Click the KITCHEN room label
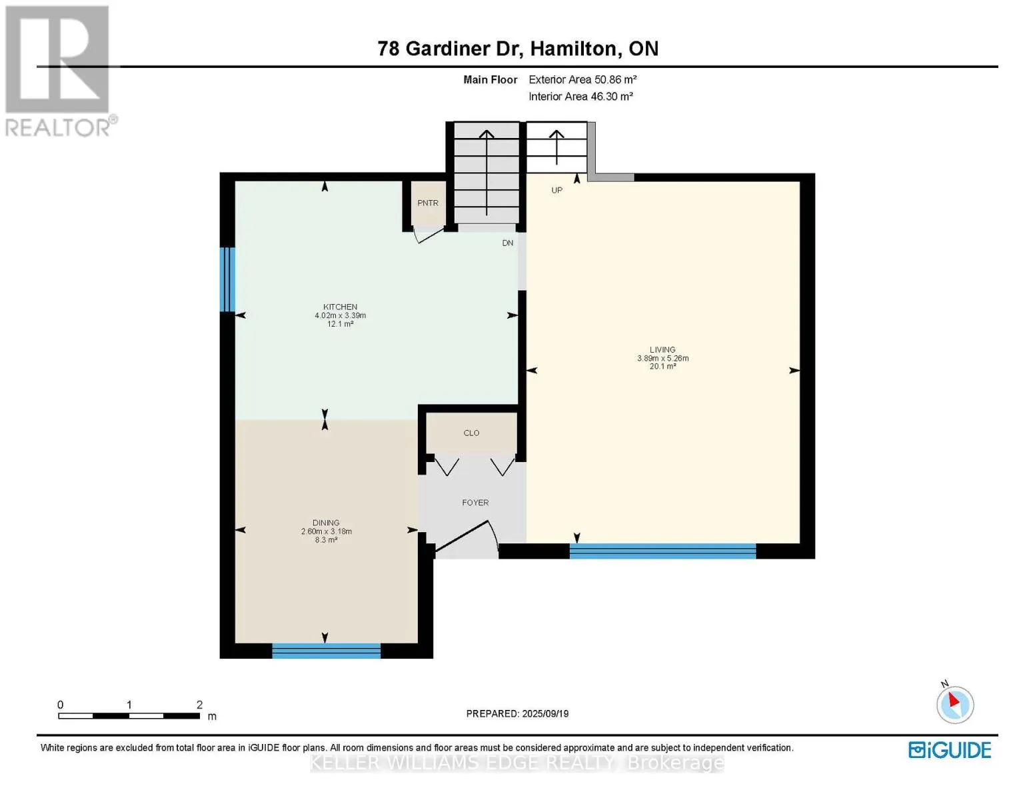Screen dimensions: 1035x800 click(340, 307)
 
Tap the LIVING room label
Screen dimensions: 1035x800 click(662, 350)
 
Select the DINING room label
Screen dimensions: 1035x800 click(327, 523)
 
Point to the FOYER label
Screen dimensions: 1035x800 click(475, 503)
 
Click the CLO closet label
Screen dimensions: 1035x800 click(472, 433)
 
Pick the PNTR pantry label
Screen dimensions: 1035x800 click(428, 203)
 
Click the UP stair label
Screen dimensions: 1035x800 click(556, 190)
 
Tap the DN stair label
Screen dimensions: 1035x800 click(508, 243)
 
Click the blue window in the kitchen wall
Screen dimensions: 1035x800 click(227, 280)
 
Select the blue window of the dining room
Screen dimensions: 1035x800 click(327, 651)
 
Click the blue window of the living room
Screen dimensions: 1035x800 click(662, 551)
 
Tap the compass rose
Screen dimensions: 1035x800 click(955, 705)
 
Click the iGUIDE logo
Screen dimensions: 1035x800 click(950, 750)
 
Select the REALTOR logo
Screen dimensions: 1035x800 click(59, 71)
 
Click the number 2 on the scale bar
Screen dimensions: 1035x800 click(199, 704)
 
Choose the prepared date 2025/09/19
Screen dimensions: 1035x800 click(545, 714)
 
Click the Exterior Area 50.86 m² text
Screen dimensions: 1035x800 click(582, 79)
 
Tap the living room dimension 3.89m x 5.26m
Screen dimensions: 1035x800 click(662, 358)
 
